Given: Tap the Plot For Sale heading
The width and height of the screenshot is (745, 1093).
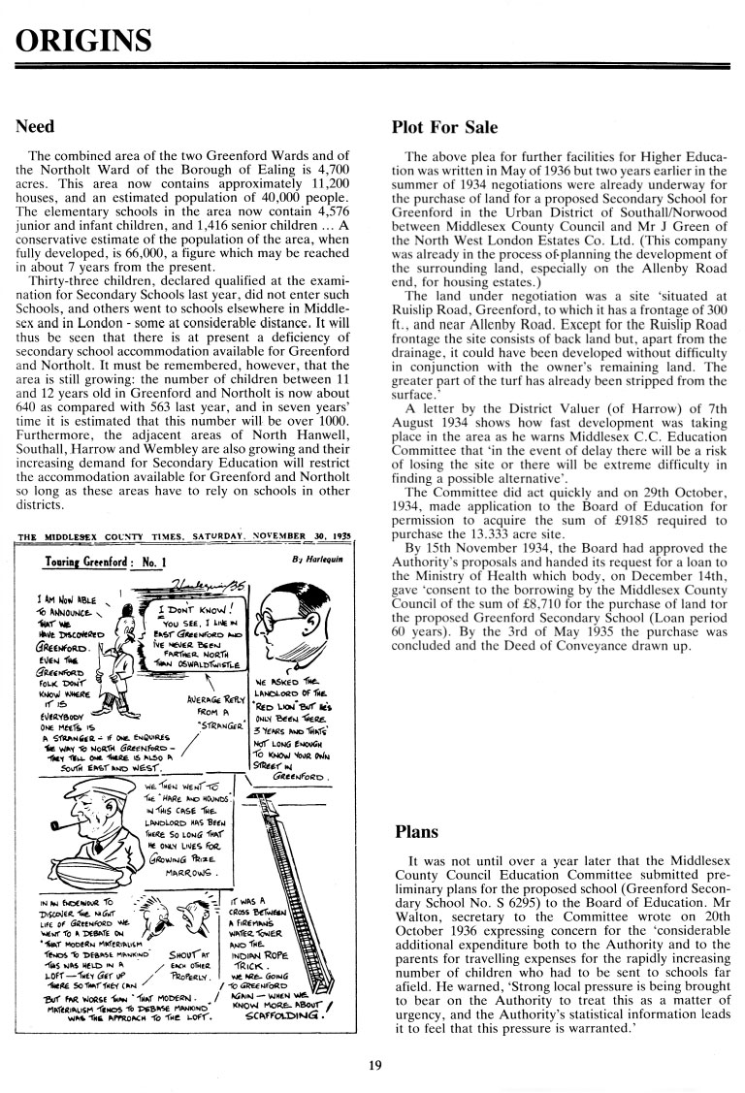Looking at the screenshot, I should [x=444, y=127].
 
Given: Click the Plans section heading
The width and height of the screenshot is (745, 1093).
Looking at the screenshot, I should [x=417, y=832].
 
